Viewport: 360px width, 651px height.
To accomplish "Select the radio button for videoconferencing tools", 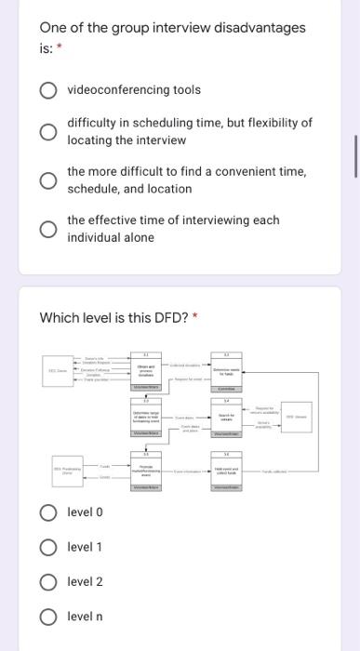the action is pos(47,90).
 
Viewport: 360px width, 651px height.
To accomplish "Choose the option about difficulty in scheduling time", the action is pos(47,131).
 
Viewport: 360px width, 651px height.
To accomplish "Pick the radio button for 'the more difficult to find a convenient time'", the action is pos(47,180).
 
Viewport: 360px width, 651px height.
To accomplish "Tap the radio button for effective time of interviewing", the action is pos(47,230).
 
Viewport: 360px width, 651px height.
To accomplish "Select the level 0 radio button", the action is pos(47,511).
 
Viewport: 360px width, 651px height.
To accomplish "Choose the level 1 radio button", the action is pos(47,547).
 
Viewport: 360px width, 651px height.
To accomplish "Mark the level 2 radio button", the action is pos(47,582).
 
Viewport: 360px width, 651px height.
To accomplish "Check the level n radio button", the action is pos(47,618).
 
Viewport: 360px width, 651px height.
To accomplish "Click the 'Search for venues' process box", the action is pos(225,418).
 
